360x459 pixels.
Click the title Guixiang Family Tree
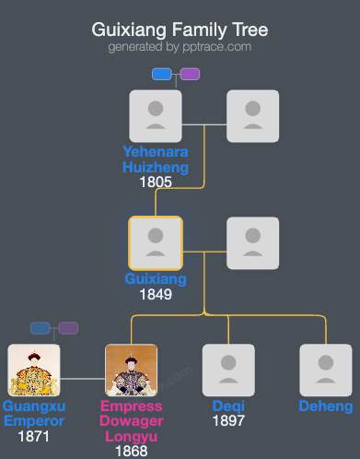tap(180, 29)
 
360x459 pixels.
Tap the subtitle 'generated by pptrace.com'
tap(180, 47)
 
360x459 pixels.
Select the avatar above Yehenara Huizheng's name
tap(156, 115)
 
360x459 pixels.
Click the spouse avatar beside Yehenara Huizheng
tap(252, 115)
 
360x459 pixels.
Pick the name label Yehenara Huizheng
tap(156, 159)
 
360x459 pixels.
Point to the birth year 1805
tap(156, 182)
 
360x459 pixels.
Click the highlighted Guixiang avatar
tap(156, 242)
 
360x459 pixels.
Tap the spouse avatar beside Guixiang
tap(252, 242)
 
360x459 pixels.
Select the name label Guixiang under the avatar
tap(156, 279)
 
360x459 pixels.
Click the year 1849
tap(156, 295)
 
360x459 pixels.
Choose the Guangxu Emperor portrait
tap(34, 370)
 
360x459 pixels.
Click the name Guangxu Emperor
tap(34, 414)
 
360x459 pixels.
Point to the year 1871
tap(34, 437)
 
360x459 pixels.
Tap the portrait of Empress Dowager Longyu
tap(131, 370)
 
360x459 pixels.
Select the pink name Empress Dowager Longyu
tap(131, 421)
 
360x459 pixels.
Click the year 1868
tap(131, 452)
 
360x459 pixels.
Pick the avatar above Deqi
tap(228, 370)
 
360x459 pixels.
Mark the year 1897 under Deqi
tap(228, 421)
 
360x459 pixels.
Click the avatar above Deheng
tap(325, 370)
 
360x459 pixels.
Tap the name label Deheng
tap(325, 406)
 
